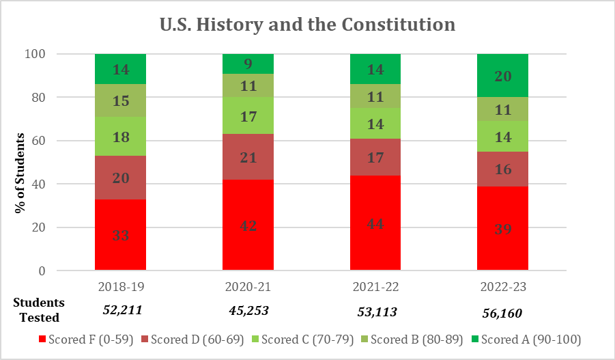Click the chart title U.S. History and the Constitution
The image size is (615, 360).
pyautogui.click(x=307, y=25)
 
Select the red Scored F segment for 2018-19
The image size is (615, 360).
pyautogui.click(x=120, y=235)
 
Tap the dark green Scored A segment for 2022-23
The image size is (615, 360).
pyautogui.click(x=502, y=76)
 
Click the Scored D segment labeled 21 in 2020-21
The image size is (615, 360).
pyautogui.click(x=248, y=157)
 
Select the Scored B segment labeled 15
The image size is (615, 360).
pyautogui.click(x=120, y=100)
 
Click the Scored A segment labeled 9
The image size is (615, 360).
pyautogui.click(x=248, y=64)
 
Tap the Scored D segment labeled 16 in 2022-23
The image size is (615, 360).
pyautogui.click(x=502, y=169)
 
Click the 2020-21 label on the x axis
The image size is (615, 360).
pyautogui.click(x=248, y=285)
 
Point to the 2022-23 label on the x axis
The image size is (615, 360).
pyautogui.click(x=502, y=285)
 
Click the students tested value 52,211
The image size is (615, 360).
pyautogui.click(x=122, y=310)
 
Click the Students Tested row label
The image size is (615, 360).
pyautogui.click(x=39, y=309)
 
